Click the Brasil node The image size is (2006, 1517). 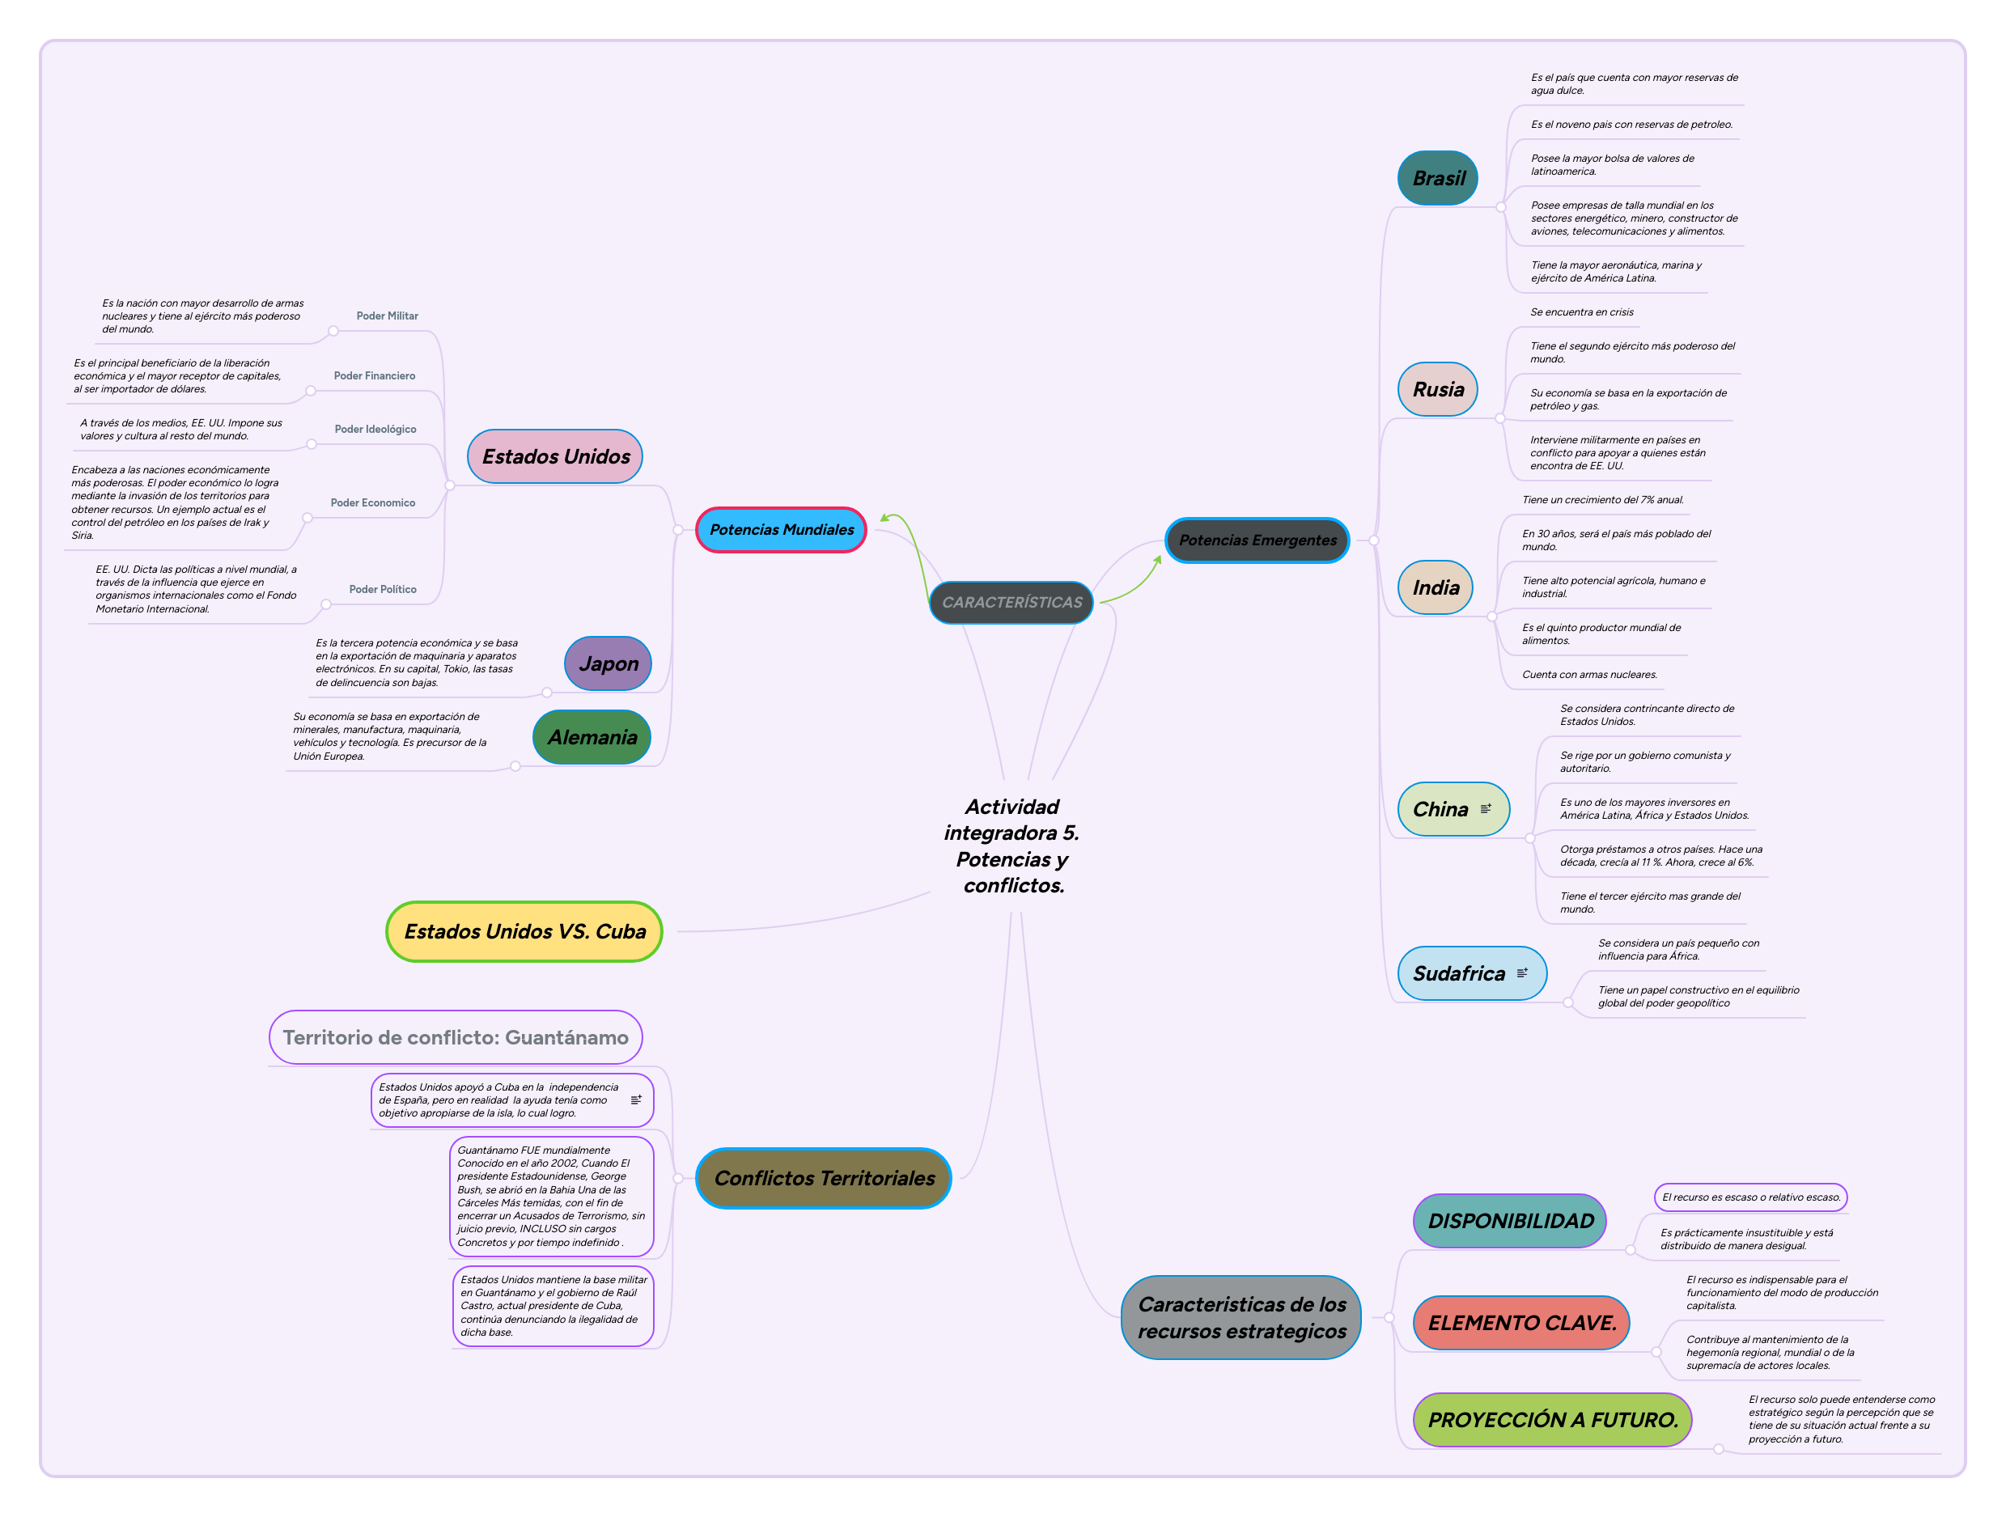click(x=1437, y=179)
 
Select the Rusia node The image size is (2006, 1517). click(x=1437, y=390)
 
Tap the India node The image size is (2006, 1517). click(x=1436, y=587)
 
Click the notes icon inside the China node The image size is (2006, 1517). click(x=1486, y=809)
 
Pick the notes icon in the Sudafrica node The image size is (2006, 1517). click(x=1522, y=973)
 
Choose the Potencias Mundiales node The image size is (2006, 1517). click(x=781, y=530)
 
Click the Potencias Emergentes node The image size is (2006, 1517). click(x=1257, y=540)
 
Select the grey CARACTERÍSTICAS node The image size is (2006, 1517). click(x=1011, y=602)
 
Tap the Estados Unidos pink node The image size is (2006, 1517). click(x=555, y=456)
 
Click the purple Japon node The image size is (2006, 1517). click(x=608, y=663)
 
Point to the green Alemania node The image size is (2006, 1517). click(x=592, y=737)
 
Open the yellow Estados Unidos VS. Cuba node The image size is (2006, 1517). click(x=524, y=931)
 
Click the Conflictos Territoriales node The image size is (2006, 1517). click(x=824, y=1178)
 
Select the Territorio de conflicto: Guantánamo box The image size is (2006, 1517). click(x=456, y=1037)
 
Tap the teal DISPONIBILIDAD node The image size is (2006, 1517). click(x=1510, y=1221)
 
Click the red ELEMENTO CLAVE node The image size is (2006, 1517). click(x=1520, y=1323)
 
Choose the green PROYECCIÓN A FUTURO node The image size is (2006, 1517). click(x=1552, y=1420)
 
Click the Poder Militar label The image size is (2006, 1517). click(x=388, y=316)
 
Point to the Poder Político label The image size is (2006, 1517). click(x=383, y=589)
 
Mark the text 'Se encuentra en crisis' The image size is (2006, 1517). click(x=1582, y=313)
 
